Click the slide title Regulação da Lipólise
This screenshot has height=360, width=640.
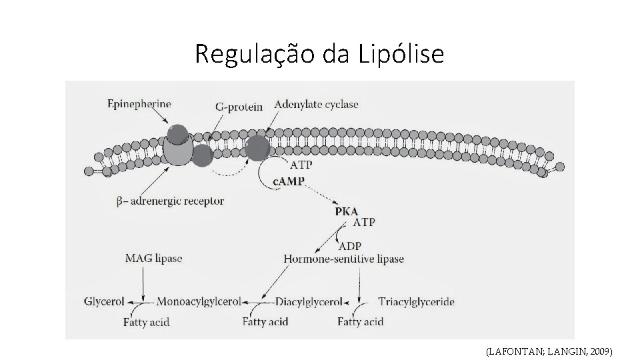click(319, 54)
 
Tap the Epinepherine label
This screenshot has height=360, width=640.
click(139, 104)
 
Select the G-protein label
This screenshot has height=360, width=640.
click(239, 106)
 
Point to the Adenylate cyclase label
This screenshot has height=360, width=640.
click(316, 104)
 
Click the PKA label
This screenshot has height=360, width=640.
click(347, 211)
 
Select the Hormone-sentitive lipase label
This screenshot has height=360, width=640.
click(343, 258)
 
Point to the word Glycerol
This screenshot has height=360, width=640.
click(105, 301)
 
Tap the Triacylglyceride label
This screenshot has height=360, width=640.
click(416, 301)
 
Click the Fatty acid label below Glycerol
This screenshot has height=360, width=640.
click(147, 322)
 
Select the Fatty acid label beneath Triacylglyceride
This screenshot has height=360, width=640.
click(361, 322)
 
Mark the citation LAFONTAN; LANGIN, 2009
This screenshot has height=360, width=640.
click(549, 350)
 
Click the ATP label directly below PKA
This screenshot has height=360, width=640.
click(363, 222)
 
